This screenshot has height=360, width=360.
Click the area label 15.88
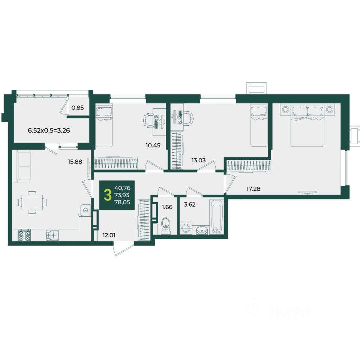tap(75, 162)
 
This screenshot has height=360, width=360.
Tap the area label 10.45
tap(153, 145)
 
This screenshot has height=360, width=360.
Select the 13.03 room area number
tap(199, 160)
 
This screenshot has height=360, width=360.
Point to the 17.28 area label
tap(253, 189)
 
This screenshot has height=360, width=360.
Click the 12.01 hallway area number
tap(109, 235)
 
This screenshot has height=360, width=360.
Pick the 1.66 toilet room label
tap(167, 207)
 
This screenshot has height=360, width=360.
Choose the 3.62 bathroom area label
tap(190, 204)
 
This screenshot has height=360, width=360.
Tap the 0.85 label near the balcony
tap(78, 108)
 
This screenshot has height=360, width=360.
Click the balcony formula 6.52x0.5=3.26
tap(49, 130)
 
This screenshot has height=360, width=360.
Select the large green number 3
tap(107, 195)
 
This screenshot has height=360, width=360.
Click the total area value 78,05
tap(122, 202)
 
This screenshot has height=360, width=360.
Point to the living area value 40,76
tap(122, 188)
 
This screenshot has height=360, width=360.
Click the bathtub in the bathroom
tap(216, 216)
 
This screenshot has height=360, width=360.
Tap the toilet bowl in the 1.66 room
tap(166, 225)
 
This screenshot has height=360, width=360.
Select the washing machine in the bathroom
tap(186, 228)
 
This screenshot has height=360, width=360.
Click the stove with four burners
tap(24, 235)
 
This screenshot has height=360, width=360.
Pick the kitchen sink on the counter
tap(52, 235)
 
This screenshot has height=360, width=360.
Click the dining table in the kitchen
tap(32, 202)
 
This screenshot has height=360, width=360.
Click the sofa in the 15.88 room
tap(22, 166)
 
